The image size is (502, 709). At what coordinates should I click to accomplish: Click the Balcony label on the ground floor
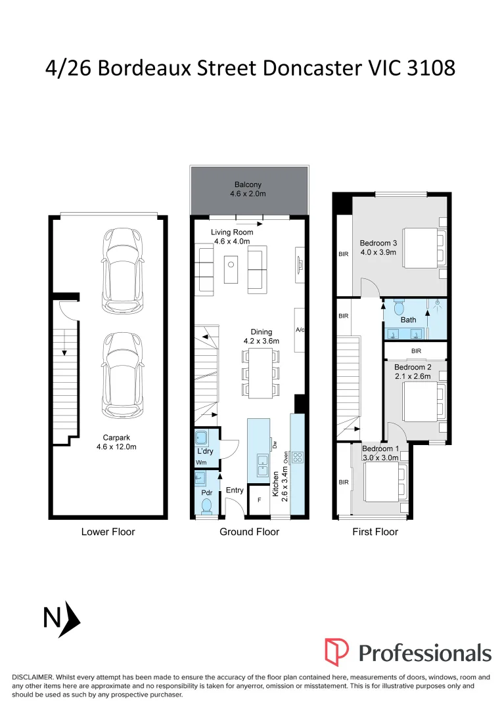tap(249, 184)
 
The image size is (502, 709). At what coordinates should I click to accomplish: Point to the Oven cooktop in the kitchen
tap(296, 456)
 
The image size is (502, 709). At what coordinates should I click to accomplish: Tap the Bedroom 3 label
tap(378, 243)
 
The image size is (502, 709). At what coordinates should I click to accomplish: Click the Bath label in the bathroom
tap(409, 320)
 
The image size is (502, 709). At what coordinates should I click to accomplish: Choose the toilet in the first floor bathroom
tap(398, 307)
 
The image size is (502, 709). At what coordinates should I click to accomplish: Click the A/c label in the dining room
tap(301, 330)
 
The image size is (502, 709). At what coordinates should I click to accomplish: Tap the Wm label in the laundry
tap(201, 462)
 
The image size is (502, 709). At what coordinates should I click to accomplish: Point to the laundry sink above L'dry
tap(202, 438)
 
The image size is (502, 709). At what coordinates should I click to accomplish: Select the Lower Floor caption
tap(108, 532)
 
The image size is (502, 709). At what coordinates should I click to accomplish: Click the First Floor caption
tap(375, 532)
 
